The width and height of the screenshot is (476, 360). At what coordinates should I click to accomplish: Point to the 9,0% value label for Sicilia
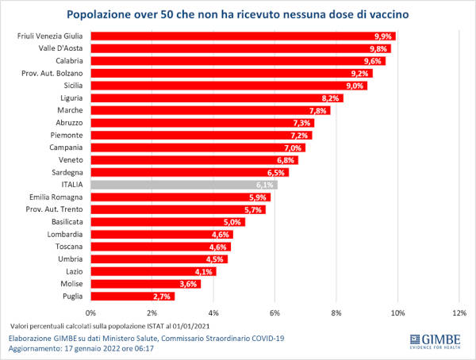(355, 86)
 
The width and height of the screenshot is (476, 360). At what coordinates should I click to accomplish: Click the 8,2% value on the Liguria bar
(331, 98)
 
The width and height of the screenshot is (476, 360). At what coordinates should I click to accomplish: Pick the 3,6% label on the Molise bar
(189, 283)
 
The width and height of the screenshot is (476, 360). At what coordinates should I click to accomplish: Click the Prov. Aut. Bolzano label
(52, 73)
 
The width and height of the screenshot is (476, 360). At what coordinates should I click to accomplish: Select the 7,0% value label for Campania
(294, 147)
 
